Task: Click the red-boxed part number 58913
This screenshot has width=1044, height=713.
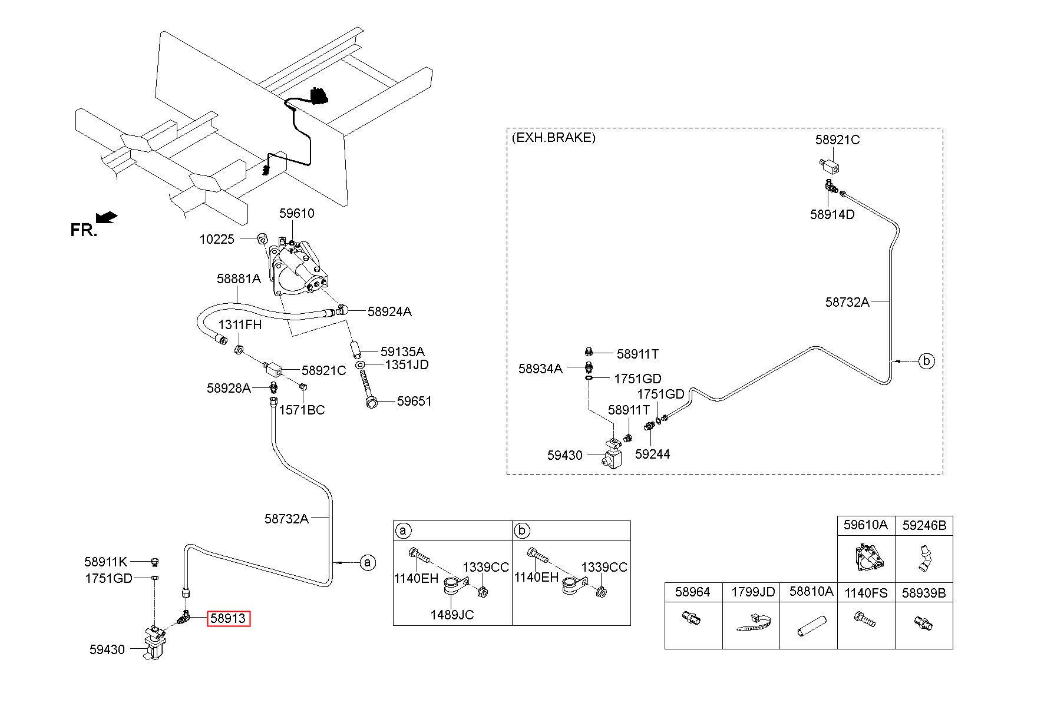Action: pyautogui.click(x=228, y=619)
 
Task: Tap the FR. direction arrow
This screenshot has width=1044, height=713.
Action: pyautogui.click(x=107, y=218)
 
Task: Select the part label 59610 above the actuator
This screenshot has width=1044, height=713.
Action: pyautogui.click(x=296, y=213)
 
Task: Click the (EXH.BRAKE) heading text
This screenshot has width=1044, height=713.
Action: pyautogui.click(x=553, y=138)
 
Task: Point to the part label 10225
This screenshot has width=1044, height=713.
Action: pyautogui.click(x=217, y=239)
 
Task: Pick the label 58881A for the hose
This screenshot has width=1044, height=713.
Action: pyautogui.click(x=239, y=278)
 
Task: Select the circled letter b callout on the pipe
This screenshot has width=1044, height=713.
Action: pyautogui.click(x=927, y=361)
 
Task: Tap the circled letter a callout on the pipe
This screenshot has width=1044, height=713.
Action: pyautogui.click(x=368, y=563)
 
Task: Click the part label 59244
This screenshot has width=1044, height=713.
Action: pyautogui.click(x=652, y=454)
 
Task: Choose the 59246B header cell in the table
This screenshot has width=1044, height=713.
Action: pyautogui.click(x=924, y=525)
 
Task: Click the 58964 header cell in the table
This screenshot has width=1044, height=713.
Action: pyautogui.click(x=693, y=592)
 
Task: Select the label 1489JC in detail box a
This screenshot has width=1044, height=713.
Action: pyautogui.click(x=452, y=615)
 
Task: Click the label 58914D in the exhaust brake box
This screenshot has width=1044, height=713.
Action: pyautogui.click(x=832, y=214)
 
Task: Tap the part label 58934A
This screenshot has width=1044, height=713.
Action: pyautogui.click(x=540, y=369)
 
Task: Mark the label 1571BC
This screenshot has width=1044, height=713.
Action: pyautogui.click(x=302, y=410)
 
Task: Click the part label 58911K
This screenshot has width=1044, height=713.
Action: pyautogui.click(x=105, y=562)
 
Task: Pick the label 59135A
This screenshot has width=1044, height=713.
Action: pyautogui.click(x=402, y=351)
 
